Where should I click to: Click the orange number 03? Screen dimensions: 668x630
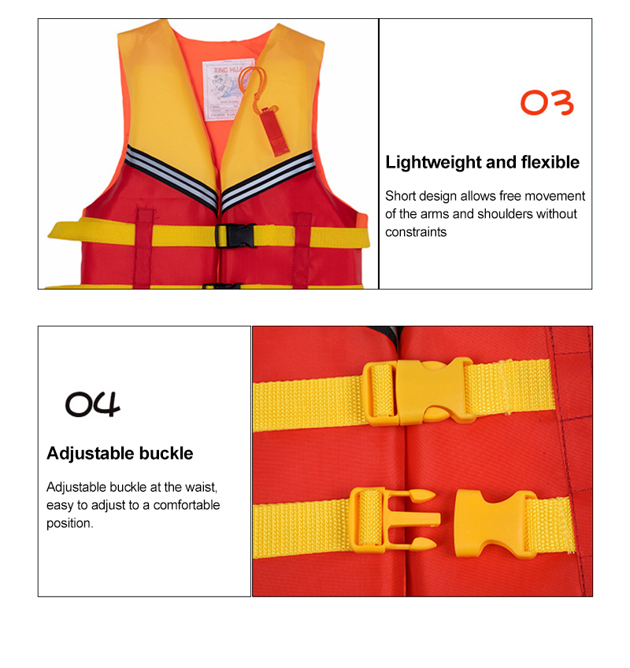(x=547, y=103)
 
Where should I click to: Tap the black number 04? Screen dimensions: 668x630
(x=93, y=404)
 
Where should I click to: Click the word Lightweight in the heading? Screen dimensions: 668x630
(x=432, y=163)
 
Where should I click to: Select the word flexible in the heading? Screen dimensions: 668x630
(x=550, y=163)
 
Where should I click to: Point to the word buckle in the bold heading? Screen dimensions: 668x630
(x=166, y=453)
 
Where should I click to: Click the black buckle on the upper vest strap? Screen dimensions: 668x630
(x=235, y=234)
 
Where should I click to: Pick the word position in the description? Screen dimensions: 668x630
(x=69, y=523)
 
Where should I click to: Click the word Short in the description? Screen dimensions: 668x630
(x=399, y=196)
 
